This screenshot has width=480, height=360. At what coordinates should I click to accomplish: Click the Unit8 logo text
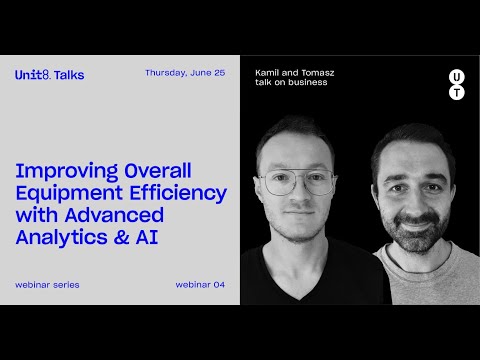coord(31,75)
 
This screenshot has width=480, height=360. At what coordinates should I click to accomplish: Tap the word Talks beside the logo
coord(69,75)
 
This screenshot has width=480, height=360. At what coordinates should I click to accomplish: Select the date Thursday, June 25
coord(184,73)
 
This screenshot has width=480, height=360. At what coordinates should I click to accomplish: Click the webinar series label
coord(47,285)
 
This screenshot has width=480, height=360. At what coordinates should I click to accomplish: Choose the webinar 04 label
coord(200,285)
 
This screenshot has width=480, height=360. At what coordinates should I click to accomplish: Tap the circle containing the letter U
coord(456,75)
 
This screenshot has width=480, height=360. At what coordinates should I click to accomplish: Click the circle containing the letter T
coord(456,93)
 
